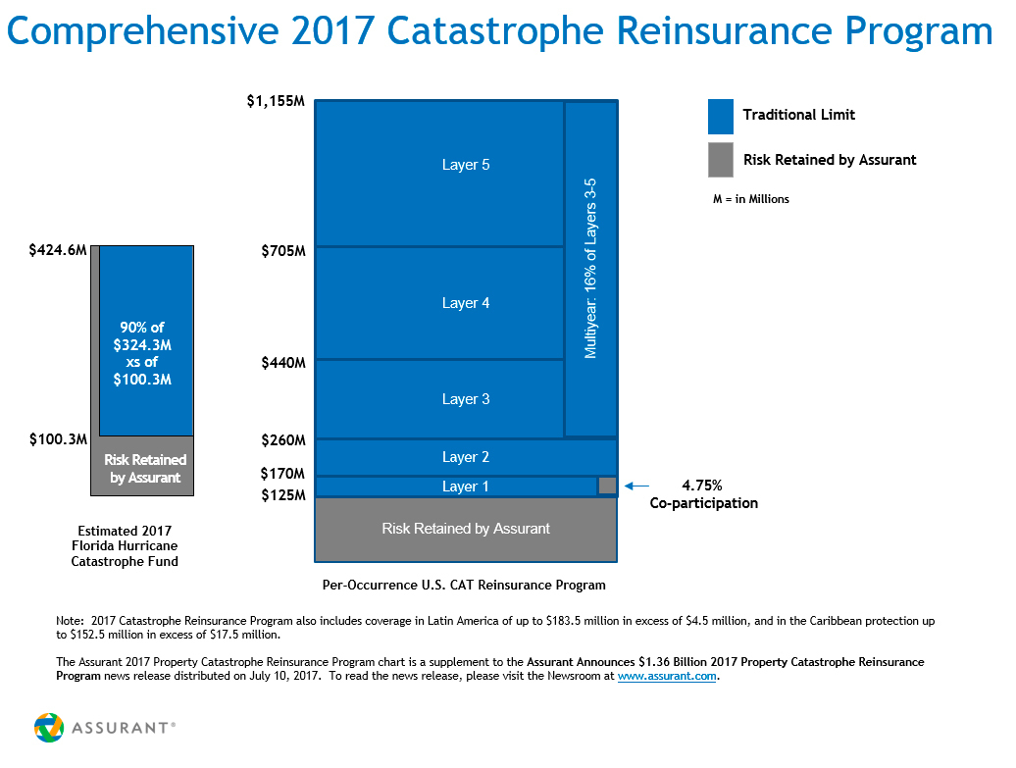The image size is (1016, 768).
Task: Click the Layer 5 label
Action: [466, 165]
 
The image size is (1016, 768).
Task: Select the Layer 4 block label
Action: [466, 303]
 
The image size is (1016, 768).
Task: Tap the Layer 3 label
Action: [466, 399]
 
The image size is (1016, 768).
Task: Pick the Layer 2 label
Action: [466, 457]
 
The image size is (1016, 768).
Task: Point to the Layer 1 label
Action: [466, 486]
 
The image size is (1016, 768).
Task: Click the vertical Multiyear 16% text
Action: [590, 268]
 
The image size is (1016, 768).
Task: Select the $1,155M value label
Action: [277, 101]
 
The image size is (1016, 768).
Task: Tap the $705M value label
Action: [283, 251]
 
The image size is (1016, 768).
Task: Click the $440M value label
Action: [283, 363]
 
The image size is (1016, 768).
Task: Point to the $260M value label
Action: [283, 440]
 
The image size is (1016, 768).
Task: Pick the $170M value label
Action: [283, 474]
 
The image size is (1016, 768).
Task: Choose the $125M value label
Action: [283, 495]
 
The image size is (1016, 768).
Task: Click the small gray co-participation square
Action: [607, 486]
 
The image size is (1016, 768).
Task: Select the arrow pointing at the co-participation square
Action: [636, 486]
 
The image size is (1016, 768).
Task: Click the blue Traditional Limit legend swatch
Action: [721, 116]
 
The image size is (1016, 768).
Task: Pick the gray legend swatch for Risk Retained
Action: [721, 160]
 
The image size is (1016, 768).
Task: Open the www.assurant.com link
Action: [666, 677]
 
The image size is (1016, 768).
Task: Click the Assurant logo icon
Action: [49, 728]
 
